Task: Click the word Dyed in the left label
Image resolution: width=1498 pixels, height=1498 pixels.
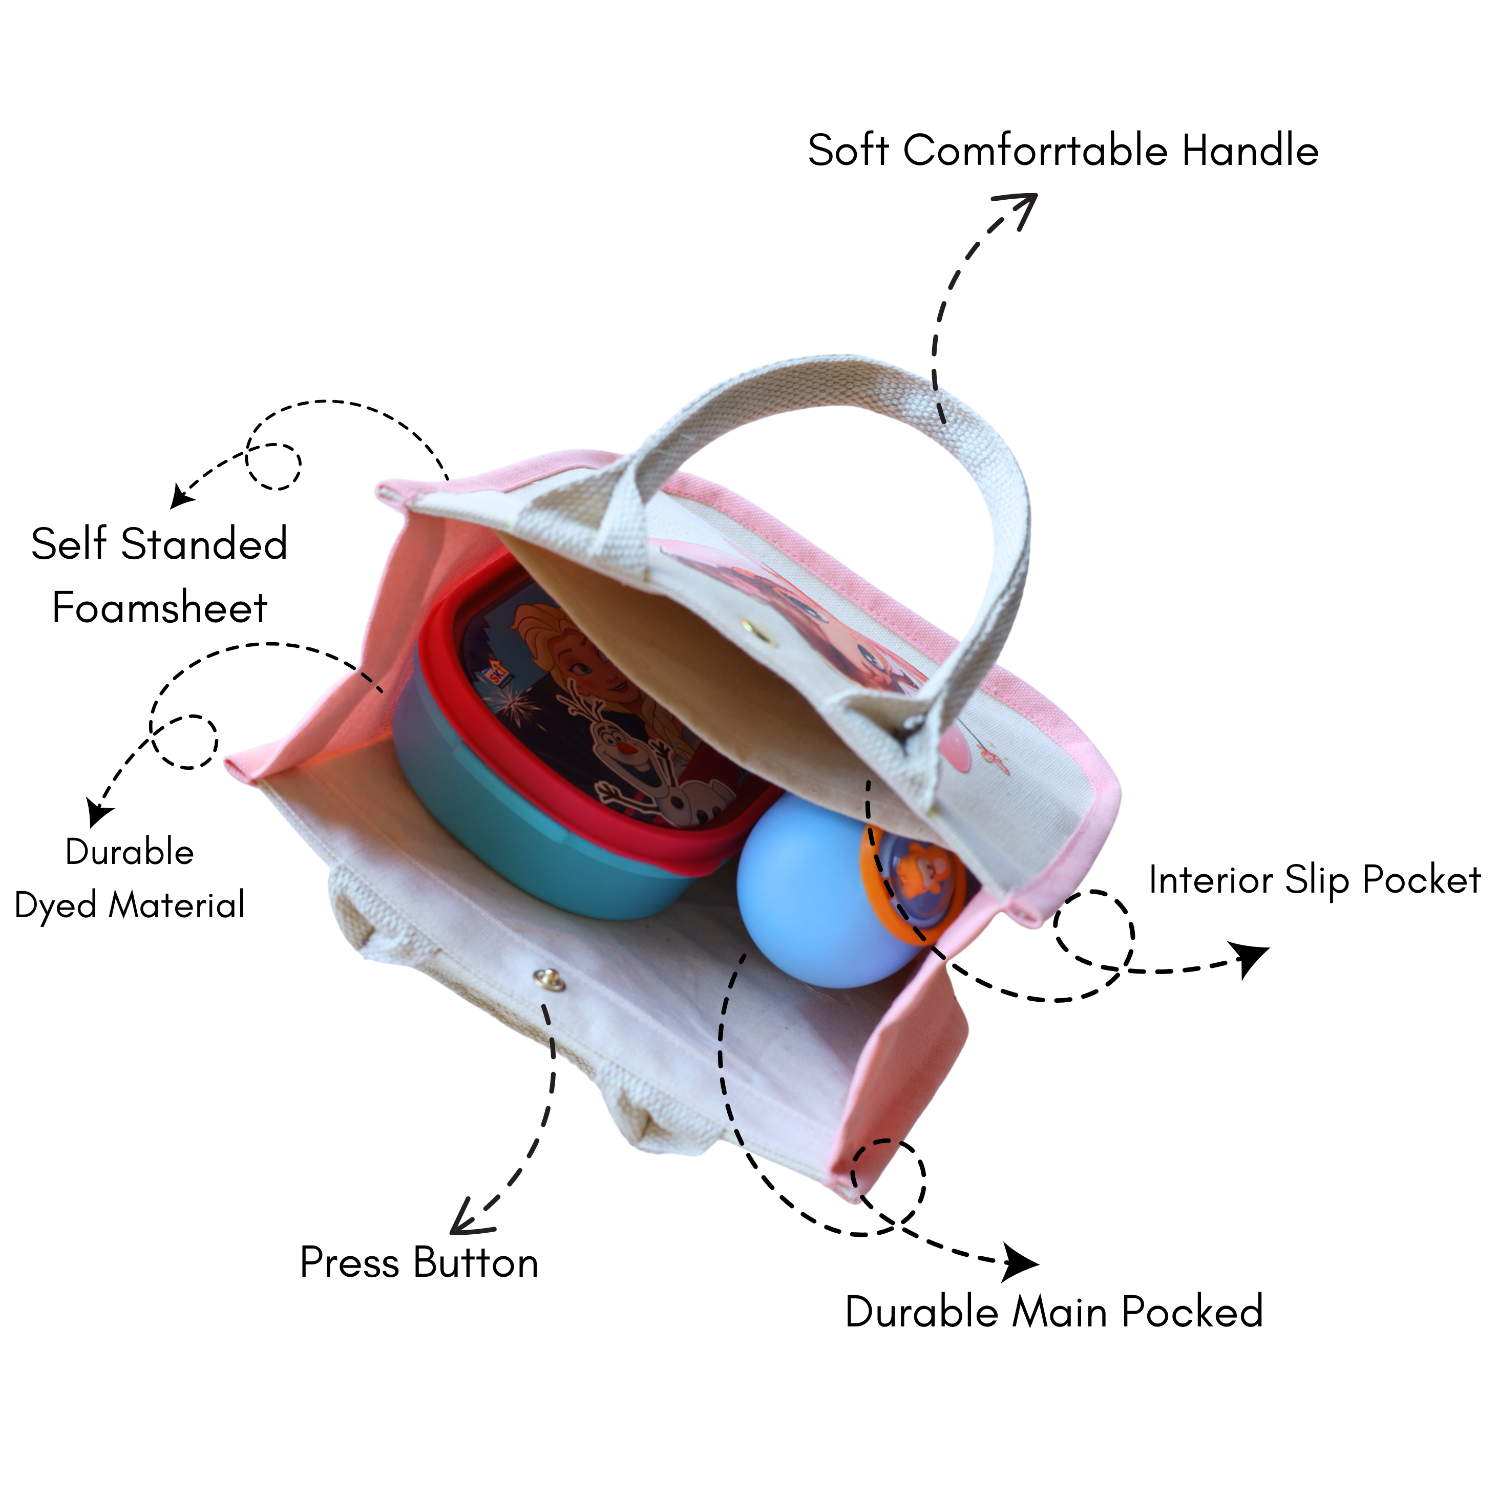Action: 57,905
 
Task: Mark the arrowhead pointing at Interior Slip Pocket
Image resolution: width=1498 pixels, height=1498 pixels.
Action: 1250,960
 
